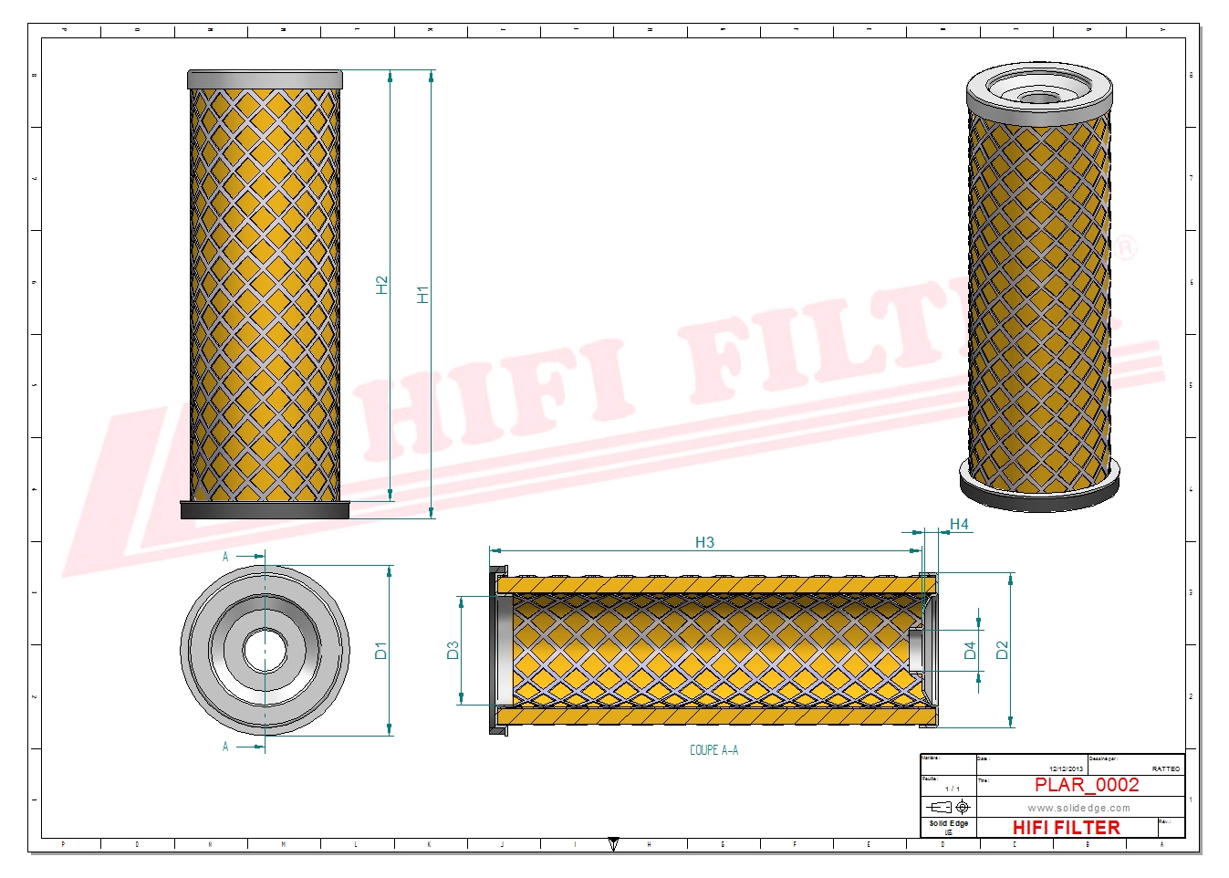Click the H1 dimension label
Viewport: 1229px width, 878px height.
[422, 294]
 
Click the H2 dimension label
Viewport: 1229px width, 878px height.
[381, 285]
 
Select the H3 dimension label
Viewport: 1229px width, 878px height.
[704, 542]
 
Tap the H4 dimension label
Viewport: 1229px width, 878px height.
[959, 524]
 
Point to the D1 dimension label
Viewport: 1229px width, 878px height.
[380, 651]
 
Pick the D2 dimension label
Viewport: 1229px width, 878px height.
[1002, 650]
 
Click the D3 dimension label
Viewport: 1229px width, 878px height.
[453, 650]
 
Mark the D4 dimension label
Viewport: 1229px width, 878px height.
[970, 650]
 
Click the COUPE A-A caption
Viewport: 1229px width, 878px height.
[713, 750]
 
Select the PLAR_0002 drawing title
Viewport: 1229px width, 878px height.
[1086, 785]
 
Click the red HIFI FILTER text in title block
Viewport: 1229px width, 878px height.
[1066, 828]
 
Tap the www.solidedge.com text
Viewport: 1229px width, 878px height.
[1078, 808]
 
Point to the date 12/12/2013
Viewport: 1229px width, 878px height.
[1066, 769]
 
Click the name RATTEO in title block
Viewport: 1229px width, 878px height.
[1165, 769]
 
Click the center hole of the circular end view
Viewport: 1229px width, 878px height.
[265, 650]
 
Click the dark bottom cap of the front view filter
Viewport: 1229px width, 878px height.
[265, 511]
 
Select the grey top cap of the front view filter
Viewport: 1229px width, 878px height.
[265, 79]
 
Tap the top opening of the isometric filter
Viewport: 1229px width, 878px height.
[1038, 94]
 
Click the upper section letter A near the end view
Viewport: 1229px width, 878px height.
[225, 556]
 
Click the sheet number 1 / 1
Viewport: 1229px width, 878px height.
[952, 789]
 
